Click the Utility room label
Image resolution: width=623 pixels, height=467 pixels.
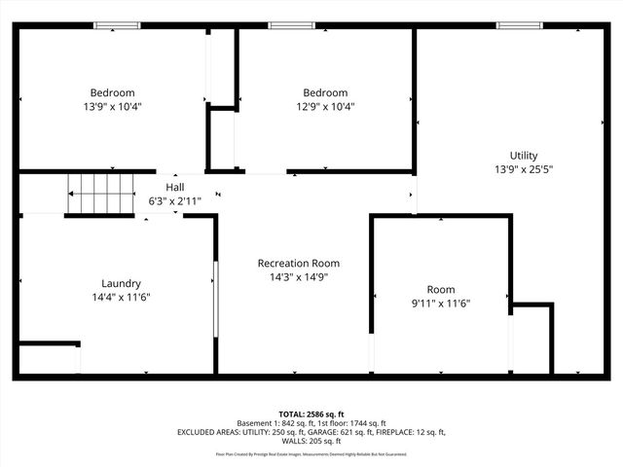click(x=523, y=156)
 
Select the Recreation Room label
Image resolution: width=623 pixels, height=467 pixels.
click(x=298, y=263)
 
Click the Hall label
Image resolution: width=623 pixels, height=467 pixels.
click(x=174, y=187)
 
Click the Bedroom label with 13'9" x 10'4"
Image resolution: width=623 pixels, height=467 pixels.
click(x=113, y=93)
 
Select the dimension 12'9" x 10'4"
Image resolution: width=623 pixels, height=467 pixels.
click(x=324, y=107)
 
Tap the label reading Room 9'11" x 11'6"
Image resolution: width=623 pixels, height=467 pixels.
click(x=440, y=296)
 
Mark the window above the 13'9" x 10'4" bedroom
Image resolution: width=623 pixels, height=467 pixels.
click(x=117, y=25)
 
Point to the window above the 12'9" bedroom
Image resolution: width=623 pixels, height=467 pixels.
click(x=283, y=25)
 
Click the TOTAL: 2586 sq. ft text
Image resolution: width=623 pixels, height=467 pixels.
click(x=311, y=413)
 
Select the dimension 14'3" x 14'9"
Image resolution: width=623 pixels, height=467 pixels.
click(x=298, y=276)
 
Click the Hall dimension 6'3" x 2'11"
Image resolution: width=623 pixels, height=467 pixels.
click(x=174, y=200)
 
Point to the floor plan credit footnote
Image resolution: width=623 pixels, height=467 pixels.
click(x=311, y=454)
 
